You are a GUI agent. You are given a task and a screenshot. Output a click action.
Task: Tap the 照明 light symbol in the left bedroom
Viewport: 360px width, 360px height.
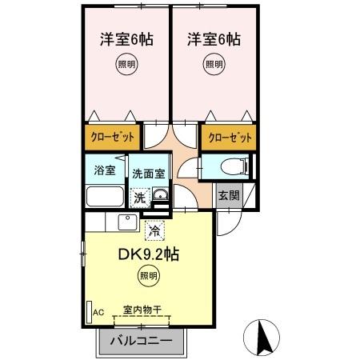pos(125,66)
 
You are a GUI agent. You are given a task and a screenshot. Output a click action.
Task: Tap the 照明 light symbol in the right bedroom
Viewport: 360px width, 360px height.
pos(214,66)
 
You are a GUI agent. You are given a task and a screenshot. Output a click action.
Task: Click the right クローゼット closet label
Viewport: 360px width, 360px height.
pos(230,137)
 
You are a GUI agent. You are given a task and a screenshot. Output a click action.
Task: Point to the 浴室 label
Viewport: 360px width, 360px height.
pos(104,169)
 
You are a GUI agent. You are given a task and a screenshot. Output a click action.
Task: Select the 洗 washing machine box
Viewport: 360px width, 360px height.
pos(139,198)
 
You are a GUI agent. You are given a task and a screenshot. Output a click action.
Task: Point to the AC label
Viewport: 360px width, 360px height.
pos(99,312)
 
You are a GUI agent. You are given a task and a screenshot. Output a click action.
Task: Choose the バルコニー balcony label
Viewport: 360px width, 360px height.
pos(141,341)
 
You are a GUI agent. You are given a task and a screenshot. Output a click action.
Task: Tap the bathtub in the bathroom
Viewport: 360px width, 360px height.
pos(104,197)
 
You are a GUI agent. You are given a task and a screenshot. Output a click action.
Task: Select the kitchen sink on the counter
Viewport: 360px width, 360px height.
pos(128,222)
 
